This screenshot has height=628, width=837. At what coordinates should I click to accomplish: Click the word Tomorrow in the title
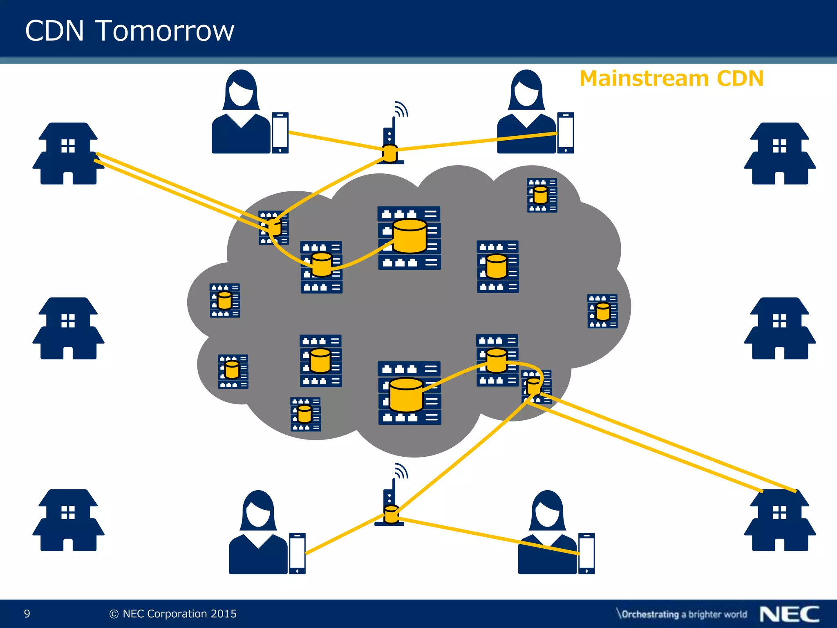pos(165,31)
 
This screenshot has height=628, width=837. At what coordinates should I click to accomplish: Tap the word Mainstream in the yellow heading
pos(643,78)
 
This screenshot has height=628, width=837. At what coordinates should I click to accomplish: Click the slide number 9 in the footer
pos(27,614)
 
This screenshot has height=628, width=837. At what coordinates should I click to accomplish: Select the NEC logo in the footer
pos(789,614)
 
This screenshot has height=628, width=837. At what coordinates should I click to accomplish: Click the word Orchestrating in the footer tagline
pos(650,615)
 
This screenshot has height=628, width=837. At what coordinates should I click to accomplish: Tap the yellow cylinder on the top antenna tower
pos(390,153)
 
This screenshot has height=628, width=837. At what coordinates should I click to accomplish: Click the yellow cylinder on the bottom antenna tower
pos(391,514)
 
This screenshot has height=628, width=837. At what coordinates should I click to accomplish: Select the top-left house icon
pos(68,154)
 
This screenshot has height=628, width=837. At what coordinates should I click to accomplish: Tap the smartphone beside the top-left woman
pos(280,133)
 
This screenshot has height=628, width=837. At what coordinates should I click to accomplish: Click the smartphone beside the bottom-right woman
pos(586,553)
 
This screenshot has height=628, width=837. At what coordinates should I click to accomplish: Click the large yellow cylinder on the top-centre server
pos(410,236)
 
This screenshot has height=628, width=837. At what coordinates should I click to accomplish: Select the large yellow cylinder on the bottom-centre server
pos(406,395)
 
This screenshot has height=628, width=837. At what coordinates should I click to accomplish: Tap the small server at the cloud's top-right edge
pos(542,195)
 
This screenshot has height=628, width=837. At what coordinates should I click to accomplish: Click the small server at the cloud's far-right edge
pos(602,311)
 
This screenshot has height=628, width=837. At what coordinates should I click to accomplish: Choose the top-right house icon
pos(780,154)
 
